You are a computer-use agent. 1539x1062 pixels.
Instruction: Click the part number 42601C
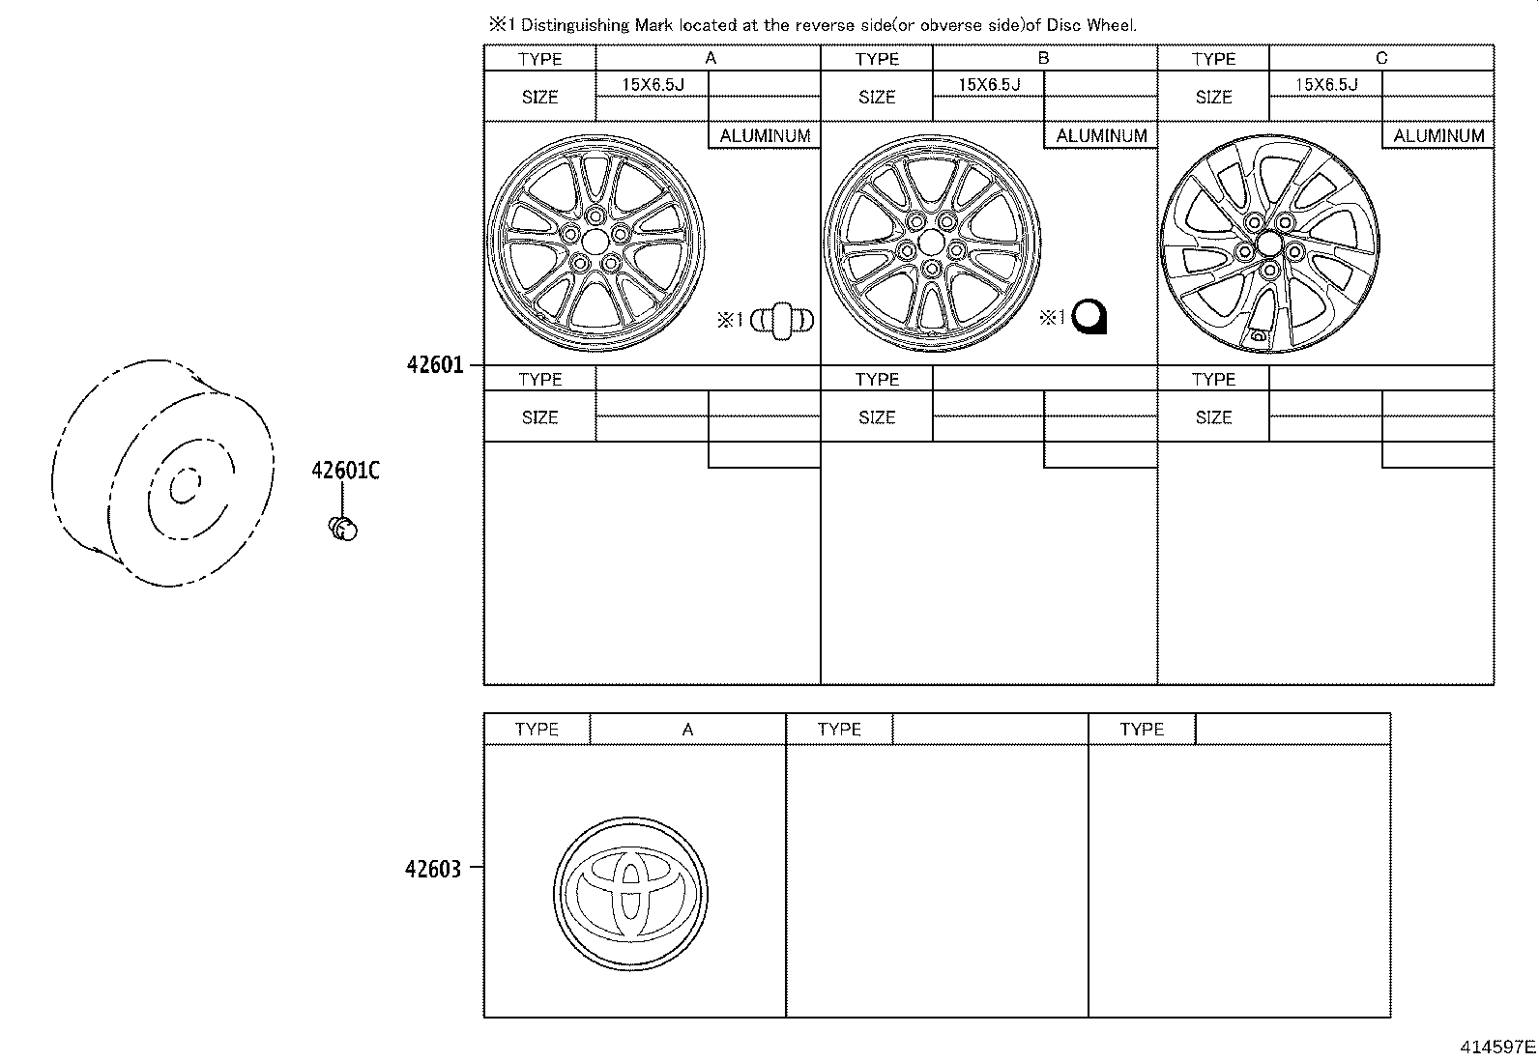tap(345, 471)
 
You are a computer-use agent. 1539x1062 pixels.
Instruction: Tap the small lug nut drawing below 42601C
tap(344, 529)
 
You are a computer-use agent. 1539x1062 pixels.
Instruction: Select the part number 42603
tap(432, 869)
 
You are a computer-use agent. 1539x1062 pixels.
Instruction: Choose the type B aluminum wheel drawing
tap(932, 244)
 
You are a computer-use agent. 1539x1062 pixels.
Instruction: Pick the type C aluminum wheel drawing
tap(1268, 244)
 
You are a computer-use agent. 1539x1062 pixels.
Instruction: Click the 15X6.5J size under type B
tap(989, 85)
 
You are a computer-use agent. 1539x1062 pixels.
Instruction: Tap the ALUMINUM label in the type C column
tap(1437, 136)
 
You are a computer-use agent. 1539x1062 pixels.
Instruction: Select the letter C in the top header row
tap(1380, 58)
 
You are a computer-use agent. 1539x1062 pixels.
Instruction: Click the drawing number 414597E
tap(1497, 1046)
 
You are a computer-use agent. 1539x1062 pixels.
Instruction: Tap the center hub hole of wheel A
tap(596, 240)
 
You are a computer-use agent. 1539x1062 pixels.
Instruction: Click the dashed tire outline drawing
tap(160, 474)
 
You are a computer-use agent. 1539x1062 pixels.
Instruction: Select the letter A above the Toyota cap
tap(687, 730)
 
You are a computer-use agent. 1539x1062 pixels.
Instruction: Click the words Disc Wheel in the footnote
tap(1098, 25)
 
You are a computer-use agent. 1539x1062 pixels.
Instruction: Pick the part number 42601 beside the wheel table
tap(435, 365)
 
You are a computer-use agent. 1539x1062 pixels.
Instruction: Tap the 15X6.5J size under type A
tap(653, 85)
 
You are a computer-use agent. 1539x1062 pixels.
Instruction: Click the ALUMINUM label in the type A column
tap(765, 136)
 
